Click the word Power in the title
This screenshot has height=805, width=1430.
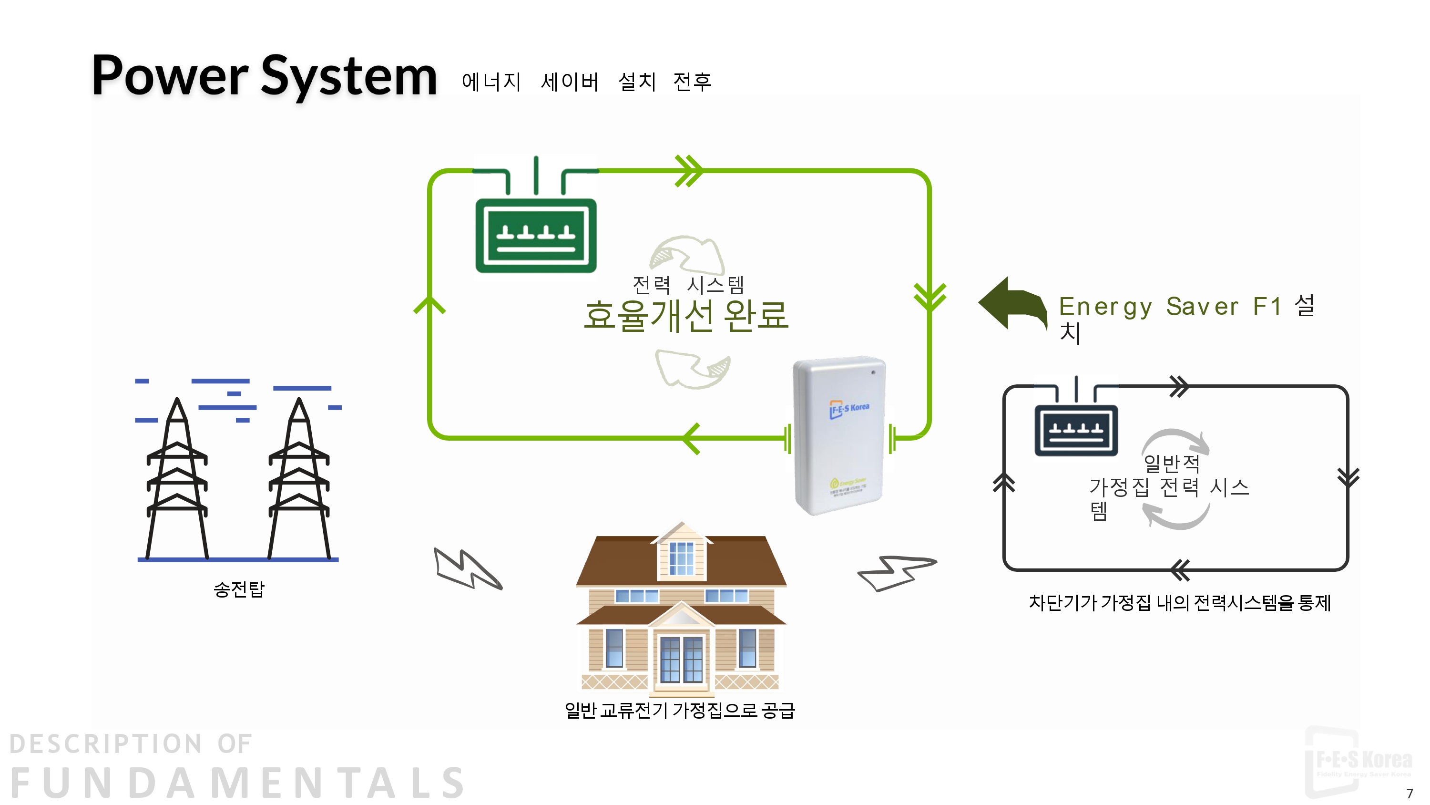click(169, 76)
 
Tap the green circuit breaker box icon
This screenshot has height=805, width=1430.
click(536, 236)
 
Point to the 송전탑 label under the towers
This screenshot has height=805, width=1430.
click(239, 589)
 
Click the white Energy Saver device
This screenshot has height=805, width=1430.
click(839, 436)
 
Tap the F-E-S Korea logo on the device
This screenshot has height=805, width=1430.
click(849, 409)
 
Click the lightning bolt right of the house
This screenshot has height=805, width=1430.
click(895, 572)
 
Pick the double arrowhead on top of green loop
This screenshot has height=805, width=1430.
click(689, 171)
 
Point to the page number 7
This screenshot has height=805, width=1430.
click(1410, 793)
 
